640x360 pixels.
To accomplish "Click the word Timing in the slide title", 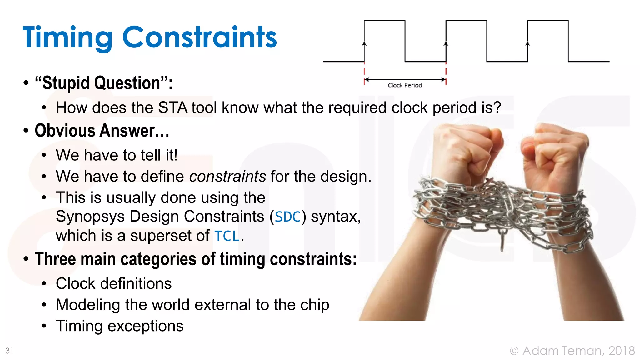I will tap(67, 37).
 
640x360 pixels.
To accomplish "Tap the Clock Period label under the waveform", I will tap(405, 85).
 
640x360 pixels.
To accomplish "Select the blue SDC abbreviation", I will tap(288, 217).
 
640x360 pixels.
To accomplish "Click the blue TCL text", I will tap(227, 236).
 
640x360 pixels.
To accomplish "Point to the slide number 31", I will tap(9, 351).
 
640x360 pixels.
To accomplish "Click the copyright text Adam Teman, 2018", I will tap(578, 351).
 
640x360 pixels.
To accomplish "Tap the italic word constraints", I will tap(227, 176).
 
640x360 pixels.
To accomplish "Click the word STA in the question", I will tap(172, 107).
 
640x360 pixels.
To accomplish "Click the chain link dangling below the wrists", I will tap(502, 241).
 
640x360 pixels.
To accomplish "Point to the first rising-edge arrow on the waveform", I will tap(364, 44).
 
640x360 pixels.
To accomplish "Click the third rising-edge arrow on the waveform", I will tap(527, 44).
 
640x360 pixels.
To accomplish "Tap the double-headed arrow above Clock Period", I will tap(405, 79).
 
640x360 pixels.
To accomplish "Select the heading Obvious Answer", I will tap(102, 131).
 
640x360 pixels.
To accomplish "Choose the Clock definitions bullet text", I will tap(114, 283).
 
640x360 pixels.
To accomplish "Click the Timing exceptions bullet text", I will tap(119, 326).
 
